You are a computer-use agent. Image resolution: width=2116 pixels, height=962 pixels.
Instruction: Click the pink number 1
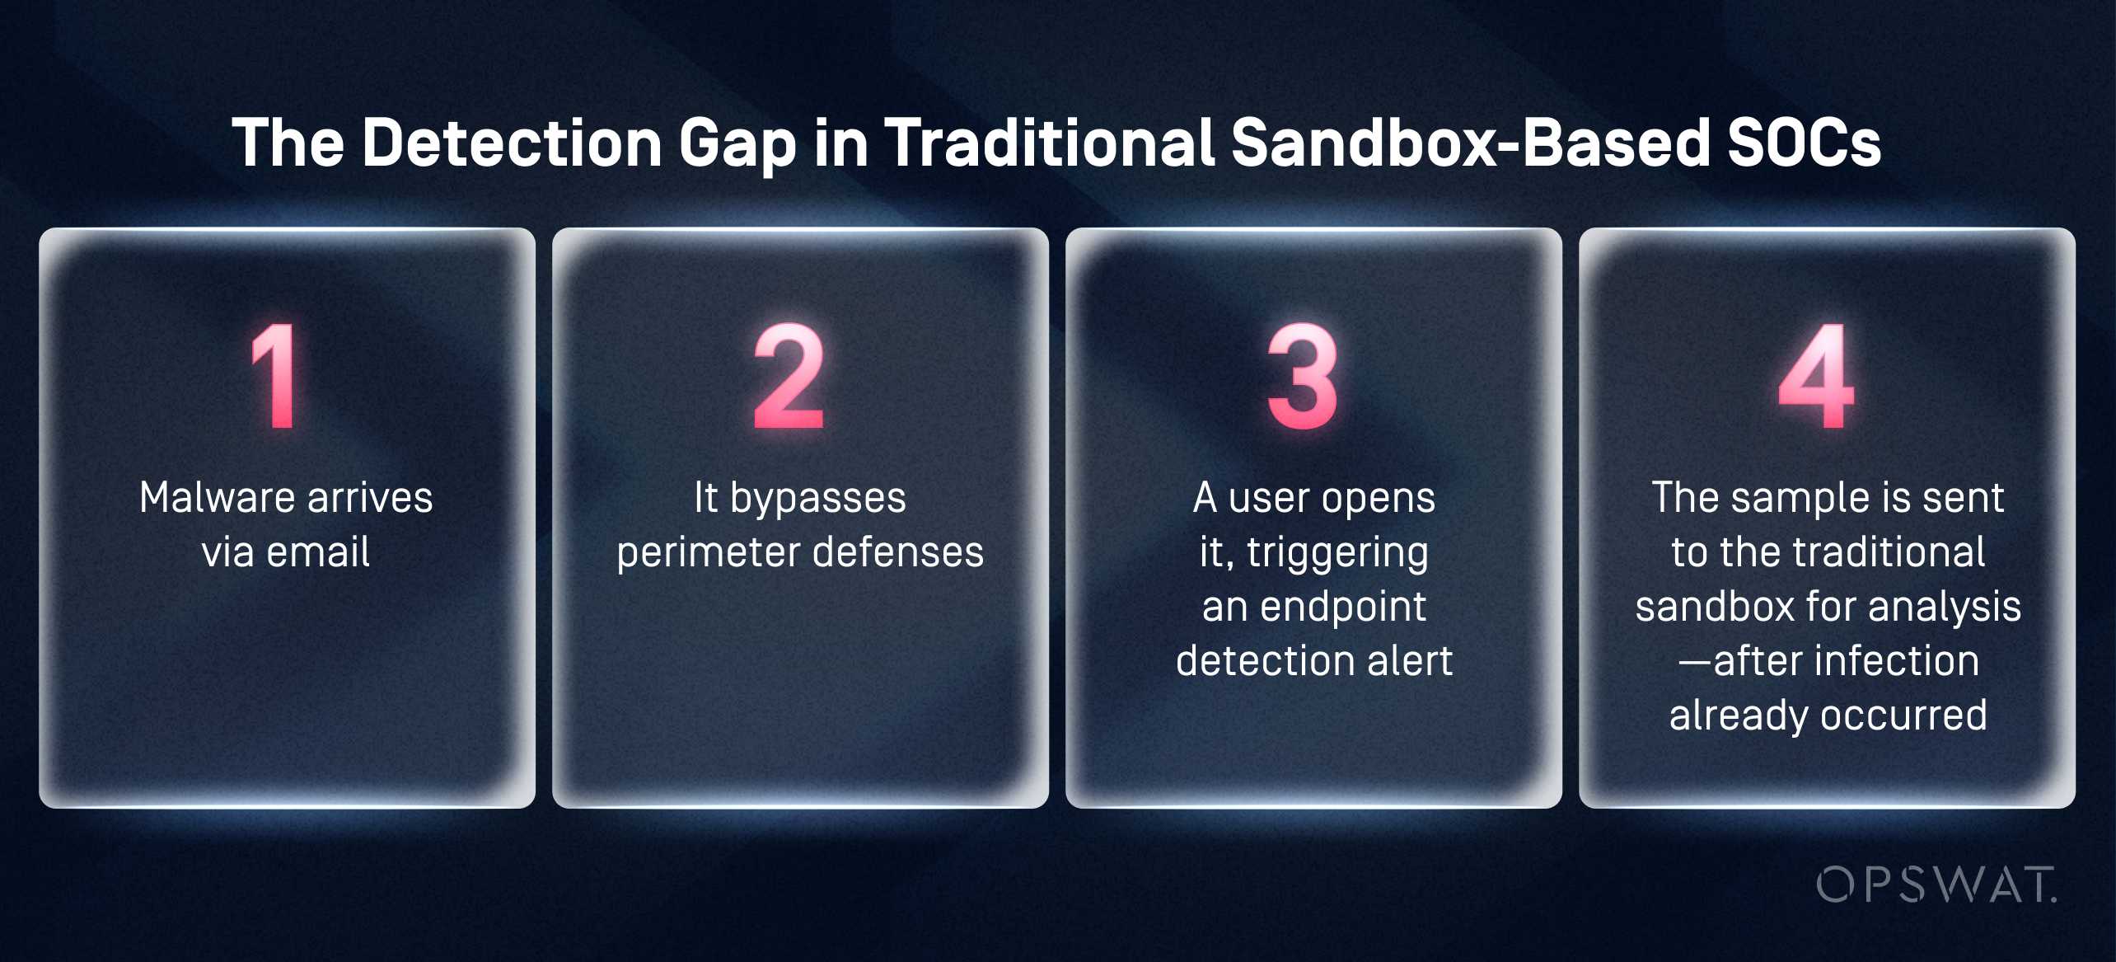point(274,376)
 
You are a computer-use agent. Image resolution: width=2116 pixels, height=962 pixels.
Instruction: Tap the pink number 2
point(789,376)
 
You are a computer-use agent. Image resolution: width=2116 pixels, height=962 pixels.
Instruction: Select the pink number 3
point(1303,376)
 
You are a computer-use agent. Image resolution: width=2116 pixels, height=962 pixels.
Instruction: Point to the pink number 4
point(1816,376)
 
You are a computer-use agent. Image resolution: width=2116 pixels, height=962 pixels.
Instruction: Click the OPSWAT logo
point(1936,885)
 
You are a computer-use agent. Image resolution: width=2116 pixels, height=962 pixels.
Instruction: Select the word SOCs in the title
point(1804,143)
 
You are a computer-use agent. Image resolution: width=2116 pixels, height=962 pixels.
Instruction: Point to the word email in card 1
point(318,551)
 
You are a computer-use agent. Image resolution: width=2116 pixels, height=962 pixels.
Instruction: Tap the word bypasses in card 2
point(817,499)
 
